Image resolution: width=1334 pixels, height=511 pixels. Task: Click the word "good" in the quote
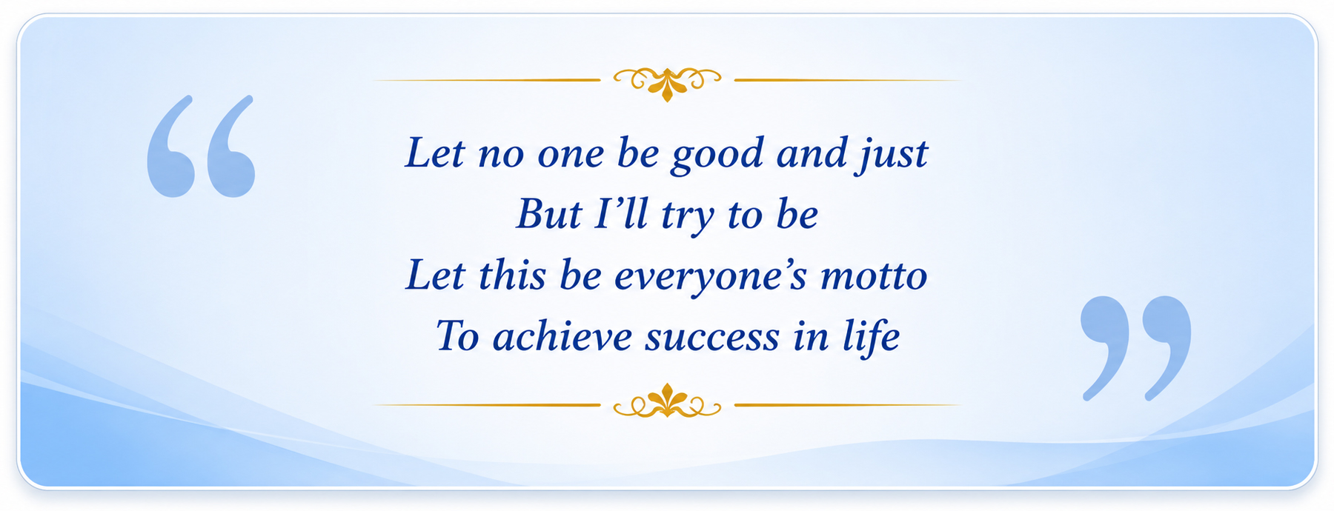pos(717,156)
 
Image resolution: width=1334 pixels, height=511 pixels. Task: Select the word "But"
pos(548,214)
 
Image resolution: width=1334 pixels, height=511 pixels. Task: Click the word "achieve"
pos(563,336)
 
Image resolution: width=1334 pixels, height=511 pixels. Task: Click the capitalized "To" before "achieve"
pos(457,336)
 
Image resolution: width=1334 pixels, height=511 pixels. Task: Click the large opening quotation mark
pos(201,146)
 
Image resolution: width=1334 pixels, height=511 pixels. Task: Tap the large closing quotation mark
pos(1135,348)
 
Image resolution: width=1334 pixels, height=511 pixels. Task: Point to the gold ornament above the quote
pos(667,81)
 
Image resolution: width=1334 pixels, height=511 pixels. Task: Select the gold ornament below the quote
pos(667,403)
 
